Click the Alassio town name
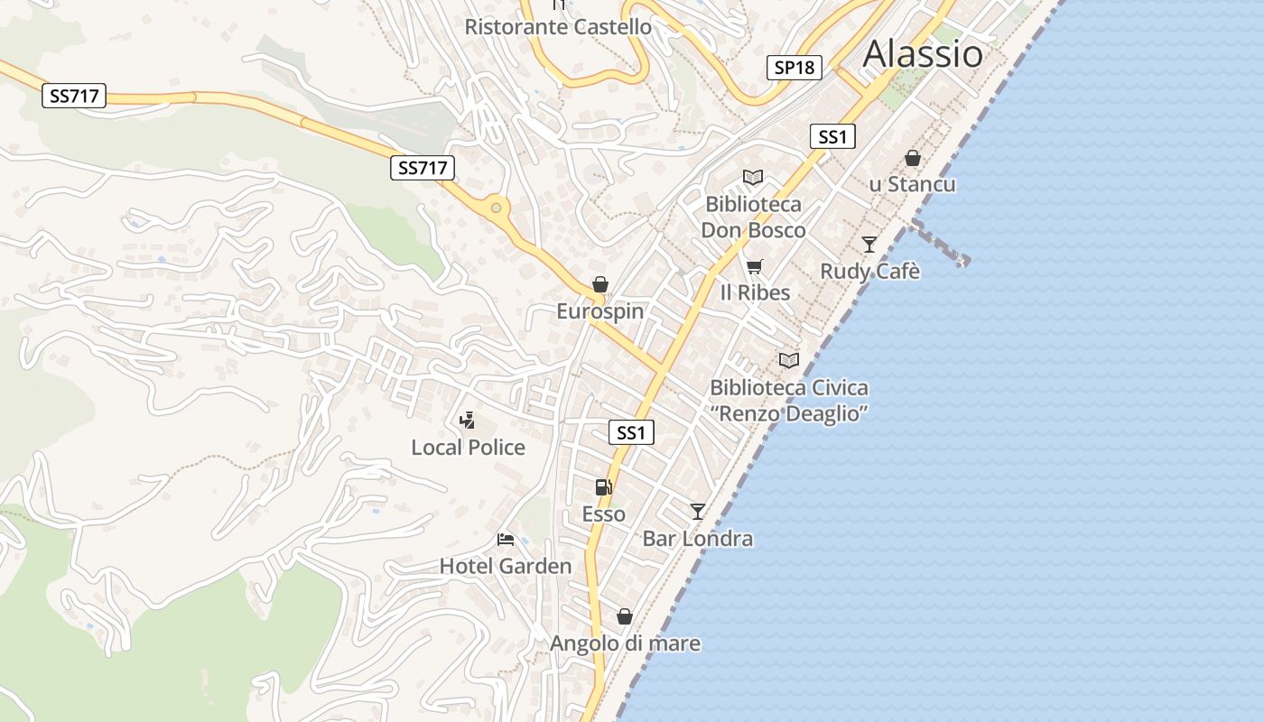923,54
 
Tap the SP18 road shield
795,68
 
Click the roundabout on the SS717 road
496,208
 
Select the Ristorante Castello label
557,27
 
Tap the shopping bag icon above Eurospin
600,285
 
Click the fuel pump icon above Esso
603,487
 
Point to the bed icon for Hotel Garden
506,540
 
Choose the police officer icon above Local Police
467,420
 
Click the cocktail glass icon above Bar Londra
697,512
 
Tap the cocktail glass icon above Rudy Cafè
869,244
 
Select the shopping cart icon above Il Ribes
754,266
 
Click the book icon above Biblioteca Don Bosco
753,177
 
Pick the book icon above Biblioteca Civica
789,360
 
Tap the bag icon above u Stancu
913,159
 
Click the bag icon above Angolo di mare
624,616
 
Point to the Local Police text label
468,448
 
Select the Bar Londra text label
697,540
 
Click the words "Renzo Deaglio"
789,414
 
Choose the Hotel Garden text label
506,567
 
